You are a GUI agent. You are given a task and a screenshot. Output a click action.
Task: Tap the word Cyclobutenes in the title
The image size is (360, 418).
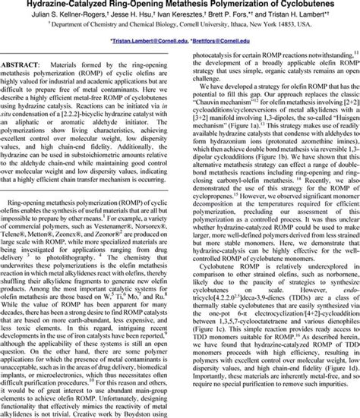(319, 5)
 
